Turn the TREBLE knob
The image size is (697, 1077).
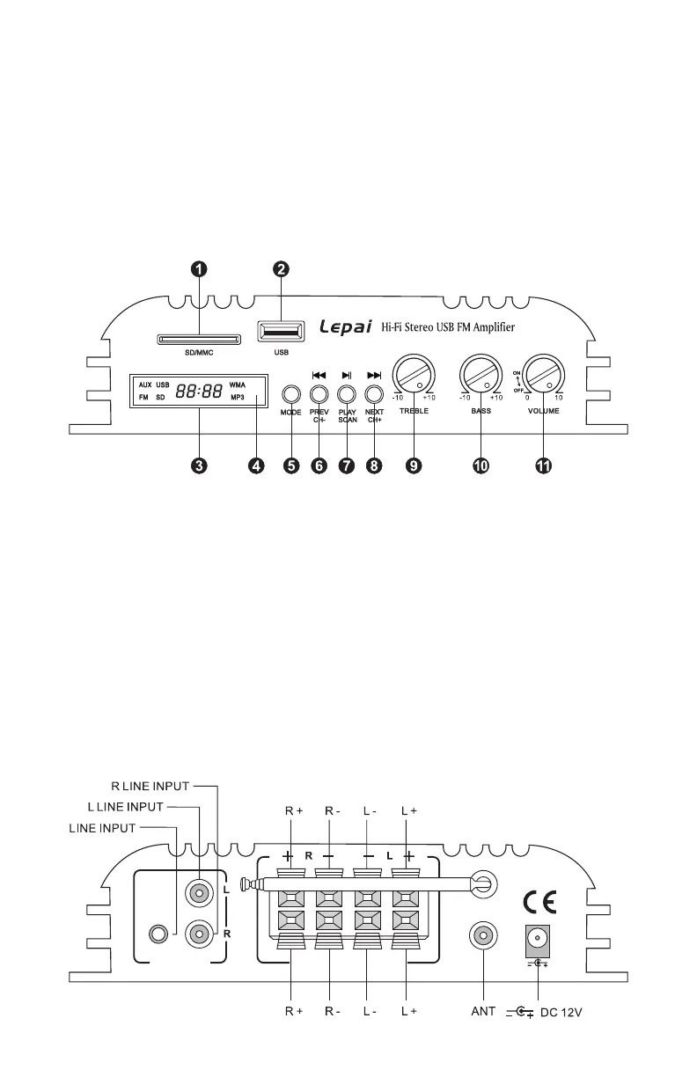point(413,377)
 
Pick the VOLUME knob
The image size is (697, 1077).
point(543,377)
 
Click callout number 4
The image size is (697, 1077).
point(255,466)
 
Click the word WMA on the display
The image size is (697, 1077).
point(238,385)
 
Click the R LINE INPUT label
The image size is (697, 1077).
point(152,786)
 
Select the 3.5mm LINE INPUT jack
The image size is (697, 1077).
point(160,933)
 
